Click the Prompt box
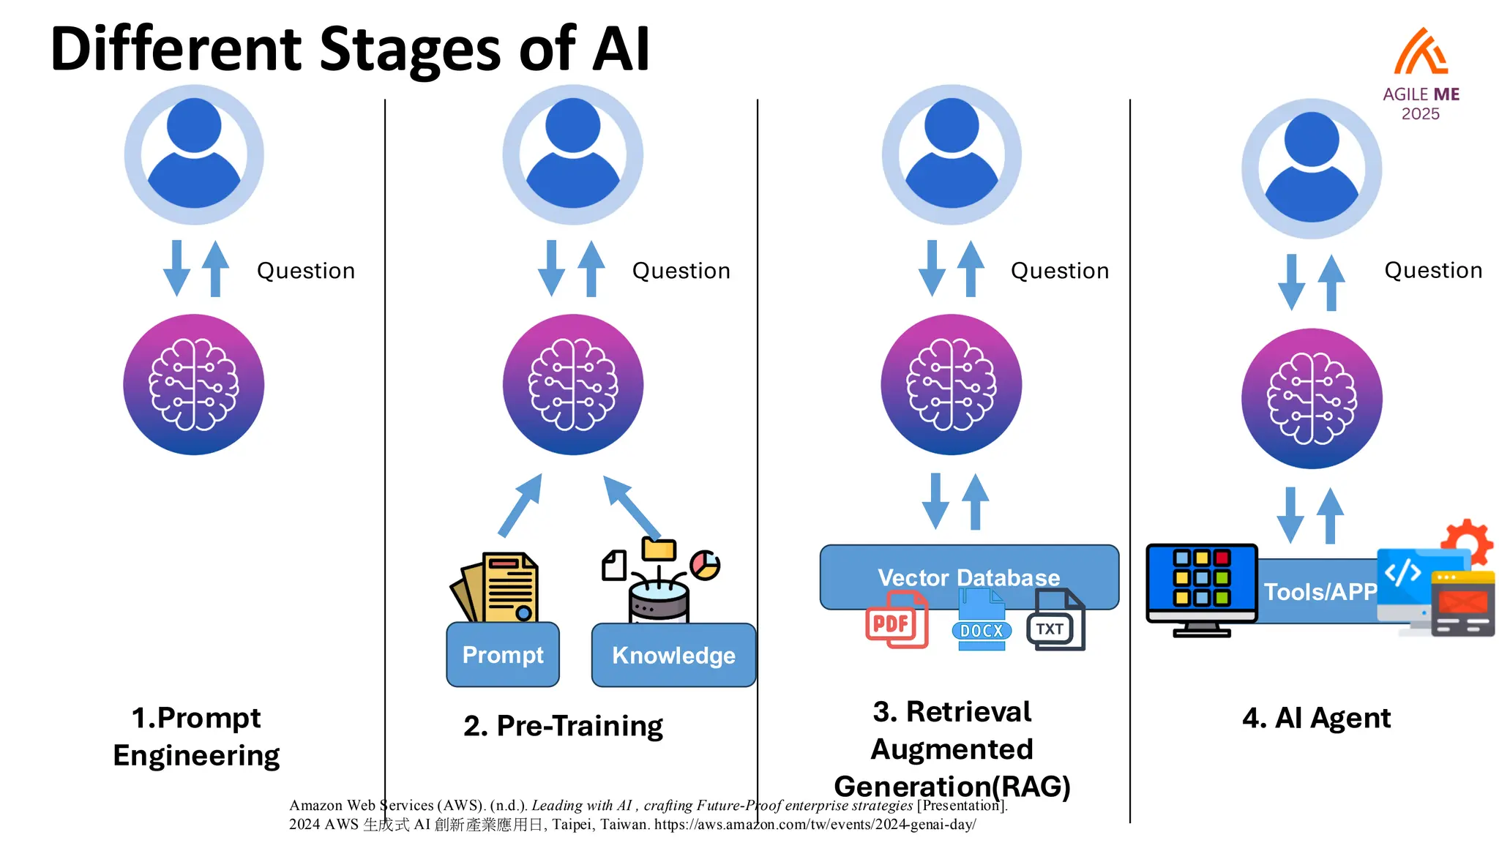coord(503,654)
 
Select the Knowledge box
coord(673,655)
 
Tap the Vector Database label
coord(968,577)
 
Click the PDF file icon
coord(897,621)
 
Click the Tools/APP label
coord(1320,591)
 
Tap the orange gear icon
coord(1467,542)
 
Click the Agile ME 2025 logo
coord(1421,73)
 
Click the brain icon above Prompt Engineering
coord(194,384)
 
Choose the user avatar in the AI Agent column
coord(1312,168)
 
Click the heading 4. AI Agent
coord(1316,718)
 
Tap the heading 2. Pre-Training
coord(563,726)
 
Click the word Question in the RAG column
coord(1059,271)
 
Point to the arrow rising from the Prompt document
coord(520,505)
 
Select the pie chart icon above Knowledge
coord(705,565)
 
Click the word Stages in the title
coord(411,50)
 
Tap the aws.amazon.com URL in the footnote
coord(815,825)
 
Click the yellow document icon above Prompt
coord(498,588)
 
